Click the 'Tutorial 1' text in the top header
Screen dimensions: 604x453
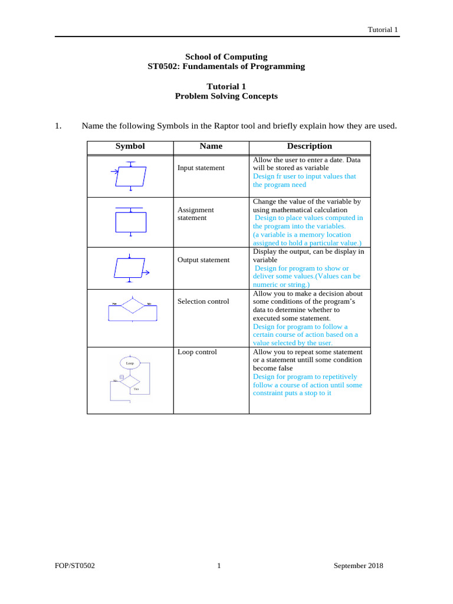(383, 29)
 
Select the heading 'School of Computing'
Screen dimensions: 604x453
(226, 57)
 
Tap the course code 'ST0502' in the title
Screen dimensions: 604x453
(162, 66)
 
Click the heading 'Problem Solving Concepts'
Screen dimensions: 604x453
(226, 96)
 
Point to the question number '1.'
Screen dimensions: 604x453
(58, 126)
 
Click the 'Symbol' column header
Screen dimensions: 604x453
(130, 146)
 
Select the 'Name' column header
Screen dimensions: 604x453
(211, 146)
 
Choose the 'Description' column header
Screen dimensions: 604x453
(309, 146)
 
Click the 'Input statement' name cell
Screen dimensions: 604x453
(201, 168)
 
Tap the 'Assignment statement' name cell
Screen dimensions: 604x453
(196, 214)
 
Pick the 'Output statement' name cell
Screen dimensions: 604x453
(203, 260)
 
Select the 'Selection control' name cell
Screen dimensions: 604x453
(203, 301)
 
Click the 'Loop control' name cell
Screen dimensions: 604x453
(197, 352)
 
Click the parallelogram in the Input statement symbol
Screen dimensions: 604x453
(131, 176)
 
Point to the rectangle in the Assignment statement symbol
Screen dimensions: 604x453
(130, 222)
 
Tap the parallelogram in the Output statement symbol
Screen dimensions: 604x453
(130, 268)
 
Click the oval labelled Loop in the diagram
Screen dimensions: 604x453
(130, 363)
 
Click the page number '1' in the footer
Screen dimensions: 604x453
(219, 566)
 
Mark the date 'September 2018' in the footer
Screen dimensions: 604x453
(358, 566)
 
